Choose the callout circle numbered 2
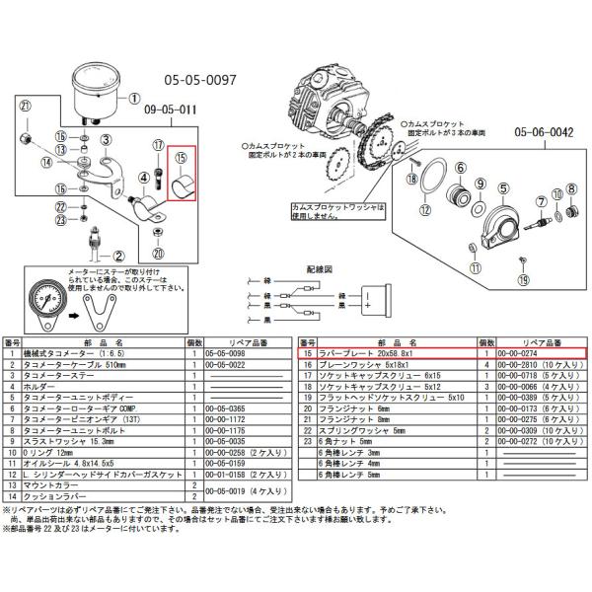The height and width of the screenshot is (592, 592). pyautogui.click(x=118, y=255)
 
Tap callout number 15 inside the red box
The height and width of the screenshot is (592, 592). pyautogui.click(x=182, y=156)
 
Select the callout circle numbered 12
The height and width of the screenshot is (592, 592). pyautogui.click(x=424, y=210)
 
